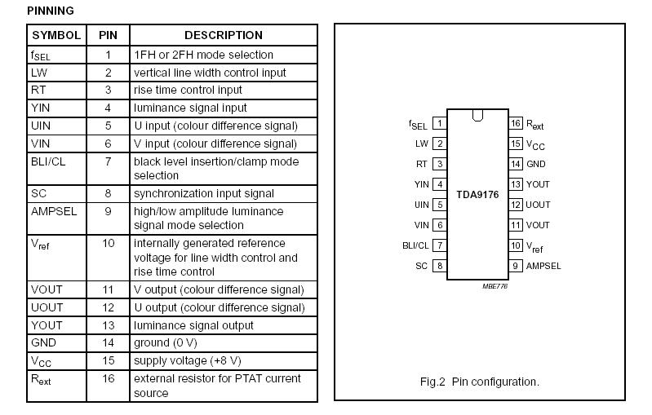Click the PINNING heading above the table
[50, 11]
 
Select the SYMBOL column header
[55, 35]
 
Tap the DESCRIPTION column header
[223, 35]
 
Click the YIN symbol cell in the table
[41, 108]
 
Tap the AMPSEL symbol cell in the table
[54, 211]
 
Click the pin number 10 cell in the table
[108, 243]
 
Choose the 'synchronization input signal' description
[203, 193]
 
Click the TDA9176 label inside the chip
[477, 195]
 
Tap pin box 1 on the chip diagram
[439, 124]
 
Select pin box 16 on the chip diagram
[516, 124]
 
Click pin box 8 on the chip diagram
[439, 266]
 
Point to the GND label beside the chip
[535, 164]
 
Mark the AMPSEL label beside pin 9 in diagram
[543, 266]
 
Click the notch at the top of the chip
[477, 116]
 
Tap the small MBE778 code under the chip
[495, 286]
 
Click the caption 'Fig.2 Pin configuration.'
[479, 382]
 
